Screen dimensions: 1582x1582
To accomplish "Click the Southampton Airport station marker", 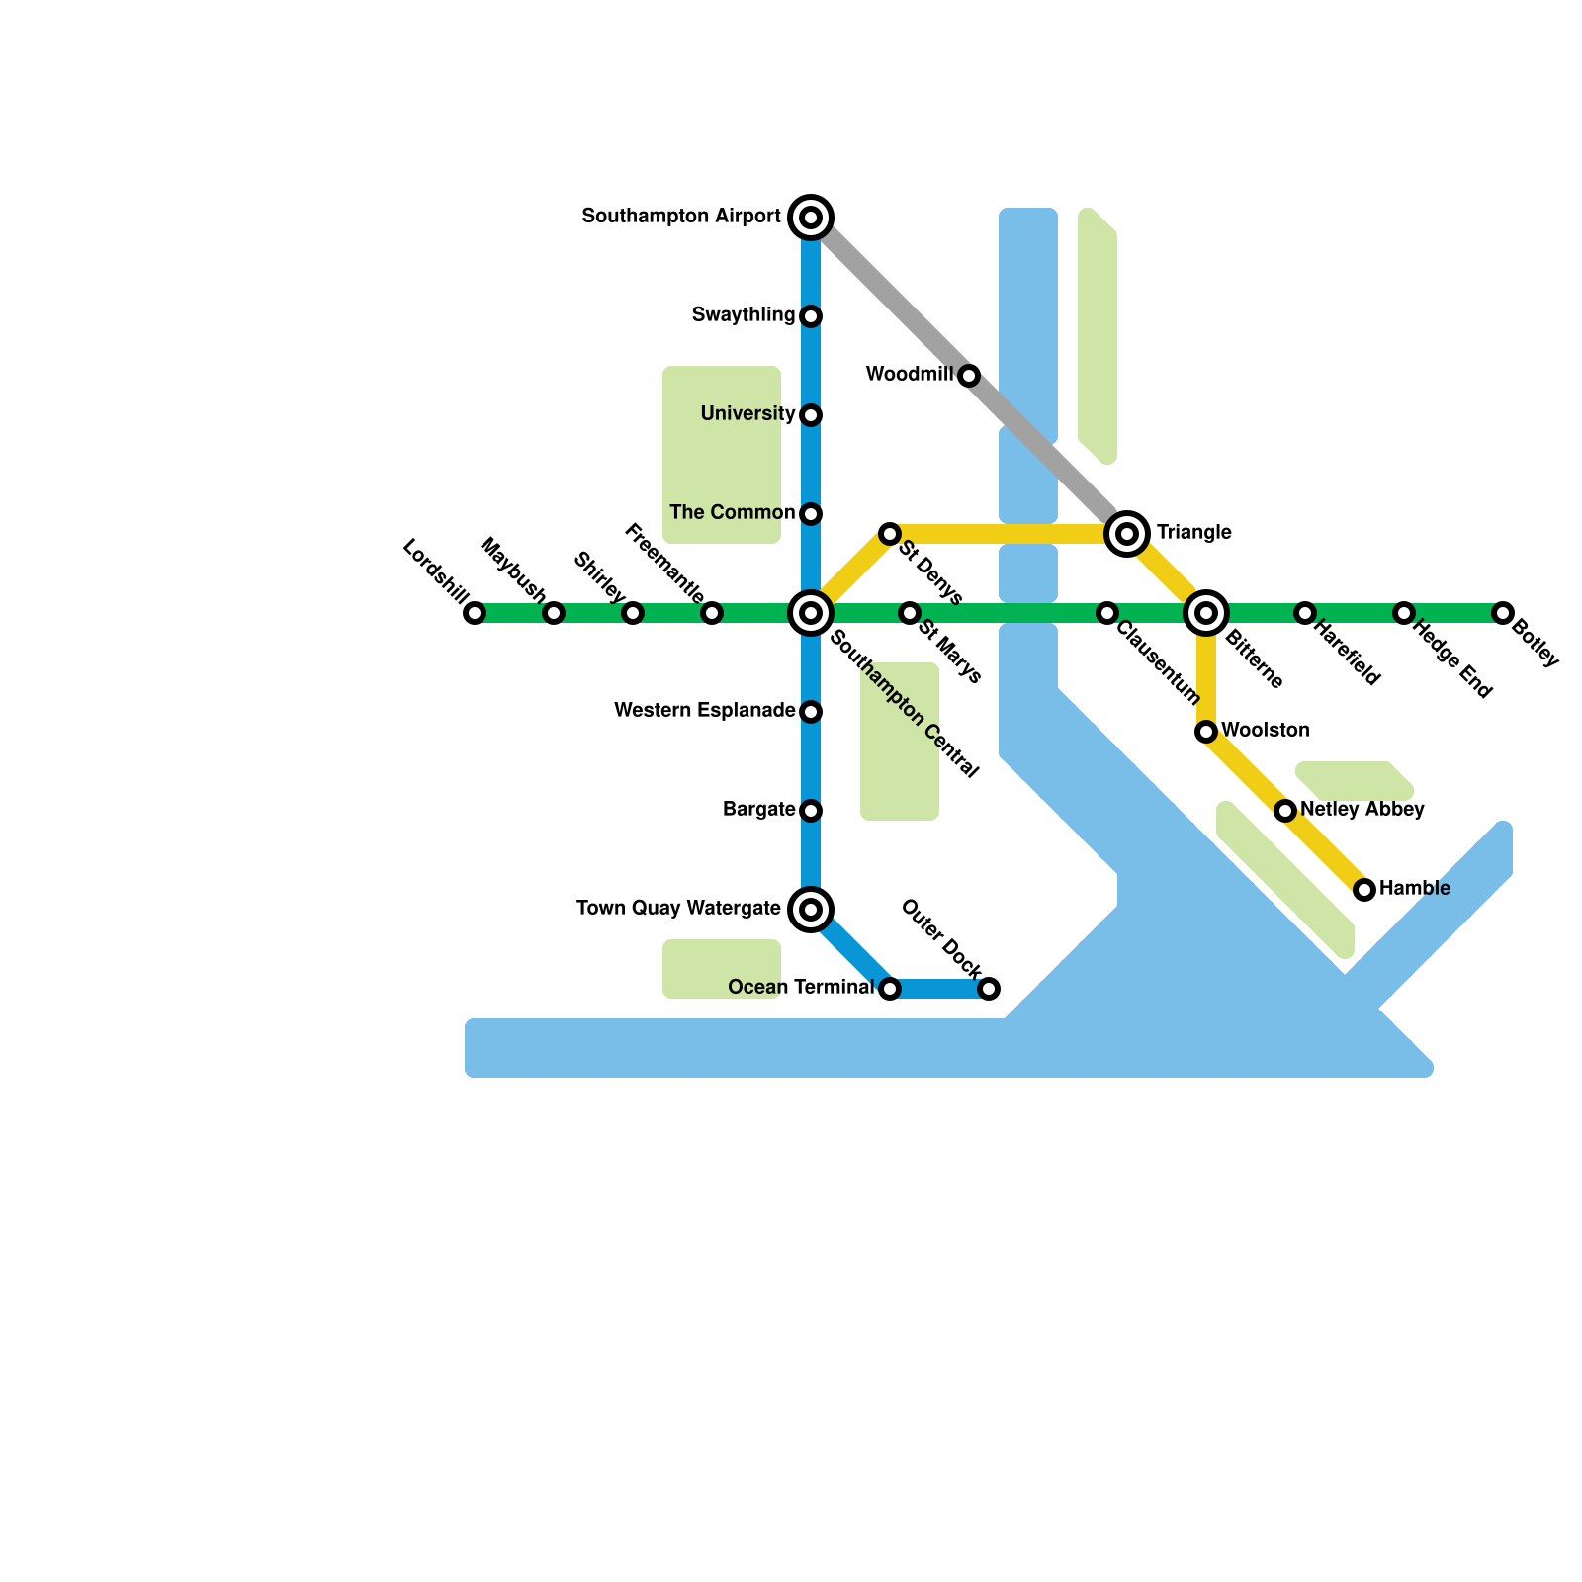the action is [811, 217].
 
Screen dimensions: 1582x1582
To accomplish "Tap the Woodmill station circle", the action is [969, 376].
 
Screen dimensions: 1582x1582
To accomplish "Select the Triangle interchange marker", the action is [1127, 534].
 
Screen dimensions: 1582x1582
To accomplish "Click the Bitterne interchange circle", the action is [1206, 613].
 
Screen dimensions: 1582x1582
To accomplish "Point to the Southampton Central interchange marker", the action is [811, 613].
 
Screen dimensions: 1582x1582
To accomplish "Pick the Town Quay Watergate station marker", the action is [811, 909].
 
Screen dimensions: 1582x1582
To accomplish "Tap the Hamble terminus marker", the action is [1364, 890].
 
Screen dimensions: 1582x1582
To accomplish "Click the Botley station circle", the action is [1503, 613].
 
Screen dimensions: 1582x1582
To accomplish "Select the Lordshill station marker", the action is [475, 613].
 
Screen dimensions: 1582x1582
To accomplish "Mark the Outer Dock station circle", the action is [989, 989].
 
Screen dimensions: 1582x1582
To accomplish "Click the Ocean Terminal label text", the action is [800, 987].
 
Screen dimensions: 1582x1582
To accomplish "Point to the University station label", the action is [747, 413].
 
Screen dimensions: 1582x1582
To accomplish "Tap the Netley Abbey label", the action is [1362, 809].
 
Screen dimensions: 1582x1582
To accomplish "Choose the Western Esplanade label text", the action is [704, 710].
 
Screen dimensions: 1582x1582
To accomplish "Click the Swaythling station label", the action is [744, 314].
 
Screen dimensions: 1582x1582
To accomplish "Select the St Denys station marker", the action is [890, 534].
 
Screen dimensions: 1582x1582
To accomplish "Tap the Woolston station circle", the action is [1206, 732].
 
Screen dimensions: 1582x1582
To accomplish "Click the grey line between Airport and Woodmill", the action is [890, 297].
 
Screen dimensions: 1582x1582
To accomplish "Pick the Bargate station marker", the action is [811, 811].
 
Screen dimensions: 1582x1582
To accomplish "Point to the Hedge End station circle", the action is [1404, 613].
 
